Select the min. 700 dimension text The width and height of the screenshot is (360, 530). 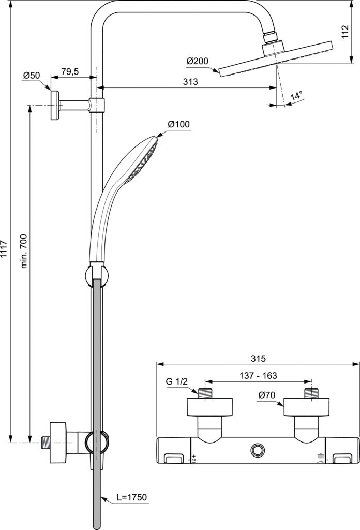coord(24,251)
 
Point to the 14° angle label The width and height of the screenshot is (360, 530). coord(296,96)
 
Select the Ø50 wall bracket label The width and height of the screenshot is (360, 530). coord(31,75)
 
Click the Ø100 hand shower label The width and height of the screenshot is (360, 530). coord(178,124)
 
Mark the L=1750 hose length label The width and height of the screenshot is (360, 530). coord(131,498)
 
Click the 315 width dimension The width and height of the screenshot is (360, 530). coord(258,358)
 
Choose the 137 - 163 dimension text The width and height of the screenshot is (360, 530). coord(258,377)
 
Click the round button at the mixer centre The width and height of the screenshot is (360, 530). coord(257,450)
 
